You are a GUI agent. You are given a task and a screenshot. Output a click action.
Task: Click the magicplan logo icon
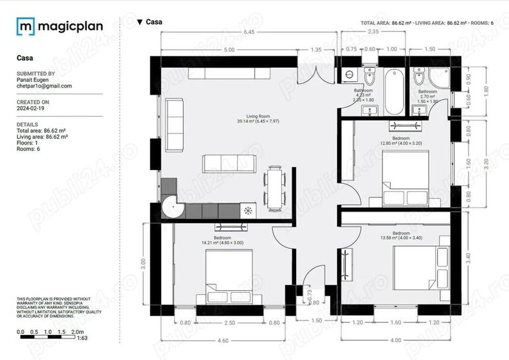(x=26, y=26)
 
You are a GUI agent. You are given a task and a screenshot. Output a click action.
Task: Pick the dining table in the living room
(x=275, y=187)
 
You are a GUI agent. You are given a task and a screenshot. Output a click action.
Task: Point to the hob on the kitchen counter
(x=247, y=210)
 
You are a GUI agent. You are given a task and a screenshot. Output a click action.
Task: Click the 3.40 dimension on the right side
(x=487, y=259)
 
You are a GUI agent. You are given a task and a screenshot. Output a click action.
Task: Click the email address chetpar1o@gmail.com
(x=44, y=86)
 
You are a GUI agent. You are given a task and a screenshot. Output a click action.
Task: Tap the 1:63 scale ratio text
(x=82, y=338)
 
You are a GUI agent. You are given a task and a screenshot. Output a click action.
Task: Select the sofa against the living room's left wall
(x=174, y=125)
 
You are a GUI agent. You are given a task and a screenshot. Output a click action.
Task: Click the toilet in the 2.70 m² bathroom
(x=419, y=78)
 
